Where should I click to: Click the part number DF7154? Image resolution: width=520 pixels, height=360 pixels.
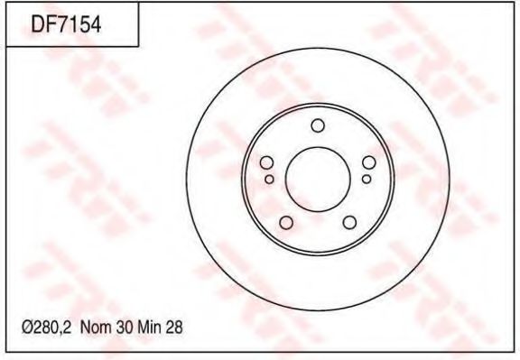(65, 26)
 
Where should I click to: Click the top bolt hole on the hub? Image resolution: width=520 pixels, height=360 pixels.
(317, 125)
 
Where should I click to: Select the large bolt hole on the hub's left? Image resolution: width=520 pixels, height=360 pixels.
(266, 162)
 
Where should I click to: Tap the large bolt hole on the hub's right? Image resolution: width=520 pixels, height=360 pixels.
(368, 162)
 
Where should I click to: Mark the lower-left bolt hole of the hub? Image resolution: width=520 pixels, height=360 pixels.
(286, 222)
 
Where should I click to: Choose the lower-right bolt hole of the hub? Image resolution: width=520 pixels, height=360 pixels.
(348, 222)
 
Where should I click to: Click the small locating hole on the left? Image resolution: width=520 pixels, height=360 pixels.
(269, 179)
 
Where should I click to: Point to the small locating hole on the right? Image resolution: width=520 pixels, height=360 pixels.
(366, 179)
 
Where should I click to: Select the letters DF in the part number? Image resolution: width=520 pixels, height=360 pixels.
(42, 26)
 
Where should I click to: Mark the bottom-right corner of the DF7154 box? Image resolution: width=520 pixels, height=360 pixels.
(138, 46)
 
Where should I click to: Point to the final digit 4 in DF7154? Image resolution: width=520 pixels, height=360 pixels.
(93, 26)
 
